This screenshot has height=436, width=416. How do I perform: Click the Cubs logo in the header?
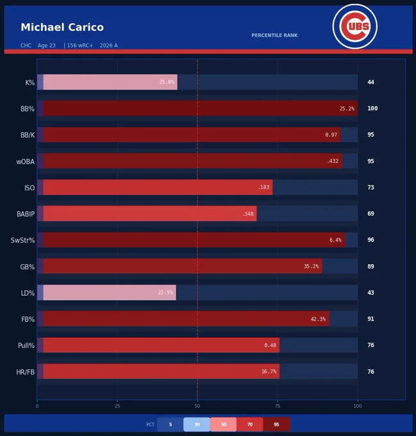point(355,26)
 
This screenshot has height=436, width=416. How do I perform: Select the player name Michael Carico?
point(62,27)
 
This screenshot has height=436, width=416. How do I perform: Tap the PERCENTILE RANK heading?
point(274,35)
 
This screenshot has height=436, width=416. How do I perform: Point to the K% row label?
point(30,83)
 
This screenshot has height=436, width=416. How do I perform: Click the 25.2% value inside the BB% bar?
point(347,108)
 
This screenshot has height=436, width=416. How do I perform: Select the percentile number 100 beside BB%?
point(372,108)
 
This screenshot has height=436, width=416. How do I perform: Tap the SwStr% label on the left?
point(23,240)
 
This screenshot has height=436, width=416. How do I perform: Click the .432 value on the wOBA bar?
point(333,161)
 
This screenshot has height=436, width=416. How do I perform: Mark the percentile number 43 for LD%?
point(370,292)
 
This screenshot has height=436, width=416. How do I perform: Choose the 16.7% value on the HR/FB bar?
point(269,371)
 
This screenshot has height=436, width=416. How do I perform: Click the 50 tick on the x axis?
point(197,407)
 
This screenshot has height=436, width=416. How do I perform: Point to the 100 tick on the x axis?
point(358,407)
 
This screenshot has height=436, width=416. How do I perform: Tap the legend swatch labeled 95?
point(276,424)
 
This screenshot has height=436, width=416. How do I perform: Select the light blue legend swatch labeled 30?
point(197,424)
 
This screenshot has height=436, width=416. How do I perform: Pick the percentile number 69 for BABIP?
point(370,214)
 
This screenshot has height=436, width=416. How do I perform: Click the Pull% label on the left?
point(26,346)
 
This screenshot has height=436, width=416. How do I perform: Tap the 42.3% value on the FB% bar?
point(318,319)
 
